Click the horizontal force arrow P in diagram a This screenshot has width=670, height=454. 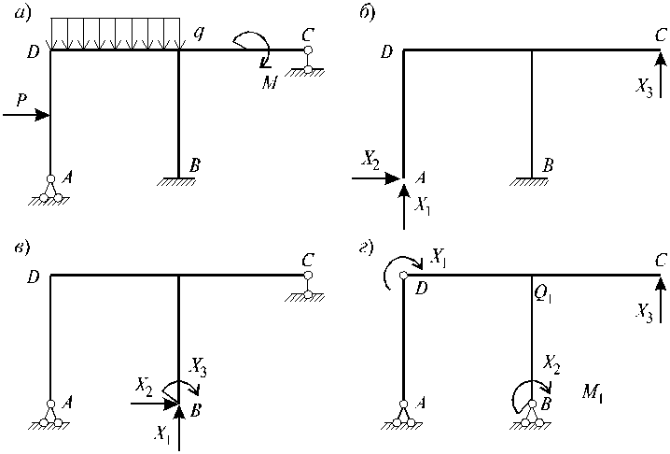[x=26, y=115]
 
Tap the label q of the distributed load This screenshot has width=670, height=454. [x=198, y=34]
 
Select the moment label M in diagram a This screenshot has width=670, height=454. [x=270, y=81]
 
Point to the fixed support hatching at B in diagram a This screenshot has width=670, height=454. [x=176, y=181]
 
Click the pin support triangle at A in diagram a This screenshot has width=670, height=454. [x=50, y=190]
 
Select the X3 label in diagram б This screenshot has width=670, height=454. [x=644, y=89]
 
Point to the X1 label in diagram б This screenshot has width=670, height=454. [x=422, y=206]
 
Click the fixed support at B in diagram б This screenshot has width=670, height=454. [x=529, y=181]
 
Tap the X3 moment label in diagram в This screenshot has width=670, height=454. [x=198, y=367]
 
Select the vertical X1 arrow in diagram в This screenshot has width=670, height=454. [x=179, y=428]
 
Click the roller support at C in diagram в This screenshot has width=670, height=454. [x=307, y=288]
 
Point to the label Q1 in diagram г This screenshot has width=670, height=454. [x=543, y=295]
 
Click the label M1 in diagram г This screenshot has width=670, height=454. [x=593, y=391]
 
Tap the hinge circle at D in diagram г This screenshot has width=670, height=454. [x=403, y=276]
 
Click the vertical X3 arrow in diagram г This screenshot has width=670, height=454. [x=661, y=299]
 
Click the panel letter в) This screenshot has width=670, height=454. [x=21, y=248]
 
